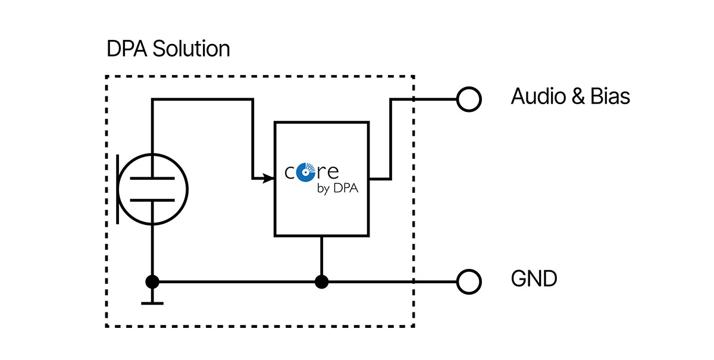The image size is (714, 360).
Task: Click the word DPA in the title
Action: click(127, 49)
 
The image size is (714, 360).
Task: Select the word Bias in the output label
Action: click(610, 96)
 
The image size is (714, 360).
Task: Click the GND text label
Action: click(534, 278)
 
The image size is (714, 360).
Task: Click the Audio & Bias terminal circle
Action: click(468, 99)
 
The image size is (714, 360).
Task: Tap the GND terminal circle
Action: click(468, 281)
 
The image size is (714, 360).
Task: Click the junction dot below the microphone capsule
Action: click(153, 281)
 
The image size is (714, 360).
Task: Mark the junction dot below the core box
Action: click(322, 281)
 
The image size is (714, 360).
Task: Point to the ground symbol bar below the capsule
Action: click(153, 303)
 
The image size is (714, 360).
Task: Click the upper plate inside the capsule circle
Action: click(153, 178)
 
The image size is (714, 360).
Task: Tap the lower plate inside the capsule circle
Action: click(153, 200)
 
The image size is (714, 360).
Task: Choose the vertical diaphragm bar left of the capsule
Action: click(118, 189)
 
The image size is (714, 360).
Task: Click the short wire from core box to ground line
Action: click(322, 256)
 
